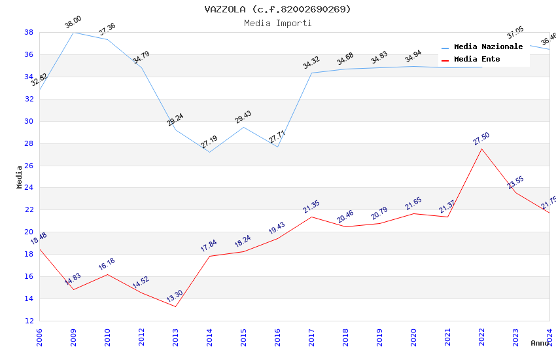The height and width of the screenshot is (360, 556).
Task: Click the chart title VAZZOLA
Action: (x=277, y=9)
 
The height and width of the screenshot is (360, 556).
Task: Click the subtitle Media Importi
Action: (x=277, y=23)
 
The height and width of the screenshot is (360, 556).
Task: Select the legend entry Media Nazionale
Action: (x=488, y=47)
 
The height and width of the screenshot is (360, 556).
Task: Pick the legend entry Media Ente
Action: (x=477, y=60)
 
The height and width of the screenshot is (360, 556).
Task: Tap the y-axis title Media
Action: (x=19, y=177)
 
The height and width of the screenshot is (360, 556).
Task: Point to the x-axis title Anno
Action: (x=540, y=343)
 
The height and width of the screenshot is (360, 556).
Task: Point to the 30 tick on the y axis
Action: (x=29, y=121)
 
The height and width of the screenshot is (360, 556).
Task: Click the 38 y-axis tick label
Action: (x=29, y=32)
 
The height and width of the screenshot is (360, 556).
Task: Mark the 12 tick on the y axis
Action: (x=29, y=321)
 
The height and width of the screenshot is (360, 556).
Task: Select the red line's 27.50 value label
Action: (x=481, y=139)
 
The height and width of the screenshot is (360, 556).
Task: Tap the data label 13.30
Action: (x=175, y=297)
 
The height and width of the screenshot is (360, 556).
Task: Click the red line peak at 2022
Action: (x=481, y=149)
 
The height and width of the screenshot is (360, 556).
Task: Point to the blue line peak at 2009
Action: (x=73, y=32)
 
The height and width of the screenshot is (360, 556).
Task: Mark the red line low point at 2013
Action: (x=175, y=306)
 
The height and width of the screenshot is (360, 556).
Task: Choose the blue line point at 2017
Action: (x=311, y=73)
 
